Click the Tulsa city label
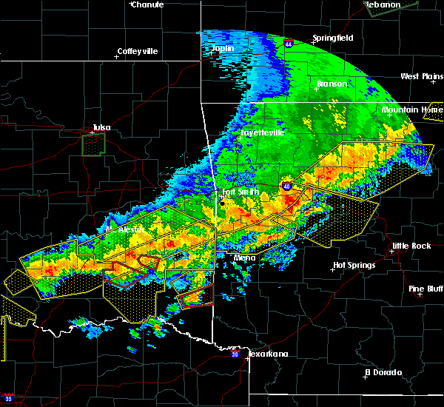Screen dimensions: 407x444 point(101,127)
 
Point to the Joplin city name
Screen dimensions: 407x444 point(222,49)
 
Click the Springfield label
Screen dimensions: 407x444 point(333,38)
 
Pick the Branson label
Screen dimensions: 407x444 point(332,84)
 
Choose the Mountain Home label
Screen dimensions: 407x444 point(412,110)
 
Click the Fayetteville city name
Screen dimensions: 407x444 point(262,132)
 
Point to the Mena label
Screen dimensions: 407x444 point(244,258)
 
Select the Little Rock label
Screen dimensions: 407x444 point(411,246)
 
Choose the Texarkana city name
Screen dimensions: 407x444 point(268,354)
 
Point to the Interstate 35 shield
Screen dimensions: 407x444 point(8,398)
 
